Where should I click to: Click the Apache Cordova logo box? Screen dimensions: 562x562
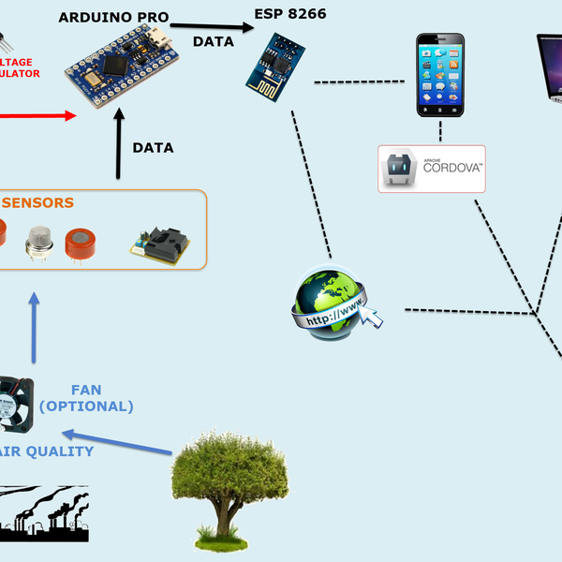[x=432, y=169]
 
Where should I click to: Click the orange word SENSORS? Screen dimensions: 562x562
[x=37, y=202]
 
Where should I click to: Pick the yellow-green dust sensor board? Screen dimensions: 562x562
[x=159, y=244]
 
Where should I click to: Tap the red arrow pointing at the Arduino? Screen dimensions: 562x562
[x=37, y=116]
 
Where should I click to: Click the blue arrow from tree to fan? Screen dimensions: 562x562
[x=117, y=441]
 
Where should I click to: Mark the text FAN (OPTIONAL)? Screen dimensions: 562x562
[x=86, y=398]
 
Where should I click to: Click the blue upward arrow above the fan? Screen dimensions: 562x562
[x=35, y=327]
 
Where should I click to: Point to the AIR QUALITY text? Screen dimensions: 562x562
[x=47, y=451]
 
